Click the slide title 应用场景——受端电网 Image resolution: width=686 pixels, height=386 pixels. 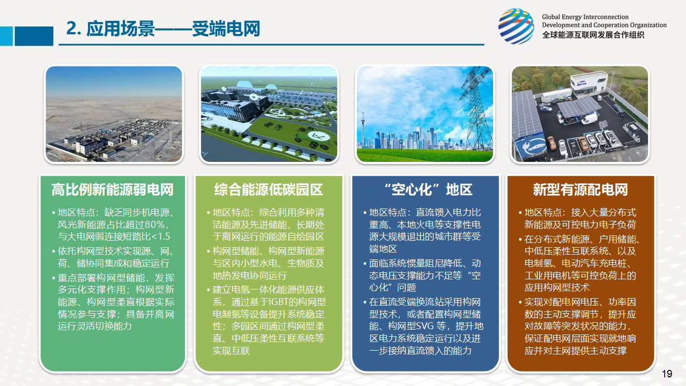173,29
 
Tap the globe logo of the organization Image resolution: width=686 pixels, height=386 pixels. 516,26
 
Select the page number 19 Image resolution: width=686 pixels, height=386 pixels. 667,374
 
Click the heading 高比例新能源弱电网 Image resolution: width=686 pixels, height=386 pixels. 113,190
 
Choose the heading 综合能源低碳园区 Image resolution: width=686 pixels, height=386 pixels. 269,190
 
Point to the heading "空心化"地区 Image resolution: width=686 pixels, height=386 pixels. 428,190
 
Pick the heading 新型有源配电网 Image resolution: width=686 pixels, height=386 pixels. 580,190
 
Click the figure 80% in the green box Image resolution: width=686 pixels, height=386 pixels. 155,225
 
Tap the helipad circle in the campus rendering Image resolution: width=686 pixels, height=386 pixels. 319,136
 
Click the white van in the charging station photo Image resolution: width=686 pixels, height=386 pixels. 589,118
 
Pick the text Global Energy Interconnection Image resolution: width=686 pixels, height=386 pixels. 585,17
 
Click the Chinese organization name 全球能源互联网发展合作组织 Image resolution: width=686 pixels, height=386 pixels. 593,35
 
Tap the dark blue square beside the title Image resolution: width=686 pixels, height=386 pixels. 34,36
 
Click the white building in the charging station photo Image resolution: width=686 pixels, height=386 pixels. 588,82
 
